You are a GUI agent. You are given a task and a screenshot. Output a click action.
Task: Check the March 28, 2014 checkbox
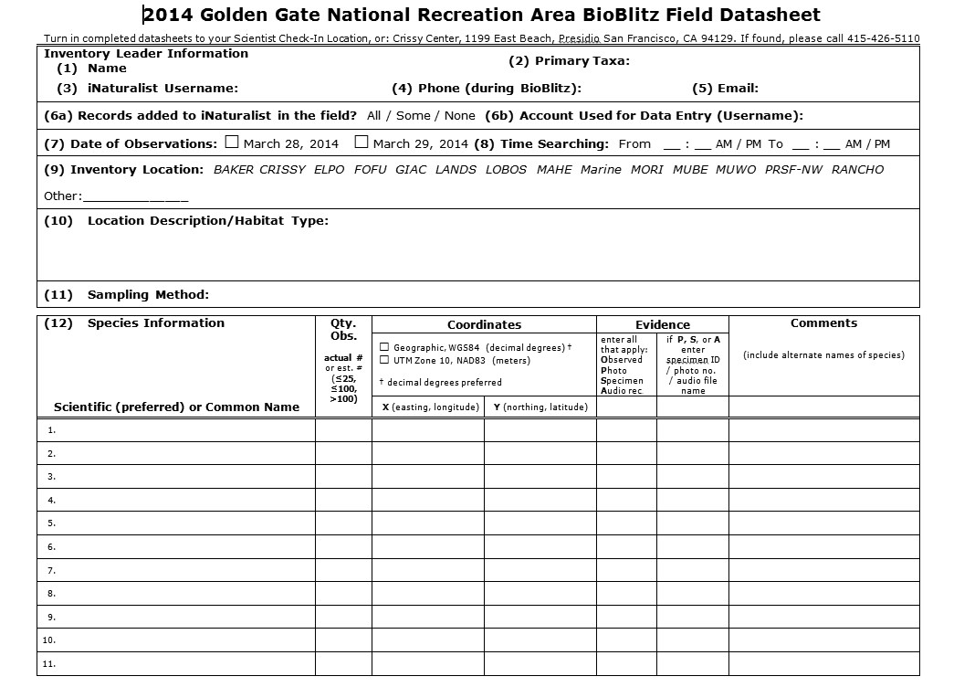point(232,143)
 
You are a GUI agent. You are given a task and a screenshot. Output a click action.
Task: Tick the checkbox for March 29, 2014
point(361,143)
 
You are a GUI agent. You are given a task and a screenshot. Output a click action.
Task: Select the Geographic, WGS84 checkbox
point(384,347)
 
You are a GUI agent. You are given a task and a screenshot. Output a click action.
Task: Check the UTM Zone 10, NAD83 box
point(384,360)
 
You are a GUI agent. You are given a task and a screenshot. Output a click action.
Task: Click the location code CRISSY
point(282,170)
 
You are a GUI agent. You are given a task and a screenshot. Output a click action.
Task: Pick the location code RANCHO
point(857,170)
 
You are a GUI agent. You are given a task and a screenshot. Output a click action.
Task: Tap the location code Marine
point(601,170)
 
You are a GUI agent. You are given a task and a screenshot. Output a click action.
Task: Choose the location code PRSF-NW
point(793,170)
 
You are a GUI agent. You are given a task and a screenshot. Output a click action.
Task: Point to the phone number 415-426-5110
point(883,39)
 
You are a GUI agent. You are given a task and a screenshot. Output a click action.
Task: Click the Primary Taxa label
point(569,61)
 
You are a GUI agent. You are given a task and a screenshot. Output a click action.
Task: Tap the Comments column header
point(823,323)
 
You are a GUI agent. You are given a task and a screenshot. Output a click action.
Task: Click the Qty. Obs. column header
point(343,330)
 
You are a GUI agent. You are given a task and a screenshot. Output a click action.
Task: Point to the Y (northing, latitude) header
point(540,407)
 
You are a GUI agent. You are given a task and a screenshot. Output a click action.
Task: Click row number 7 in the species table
point(52,570)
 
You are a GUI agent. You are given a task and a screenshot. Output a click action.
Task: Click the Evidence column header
point(662,325)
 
